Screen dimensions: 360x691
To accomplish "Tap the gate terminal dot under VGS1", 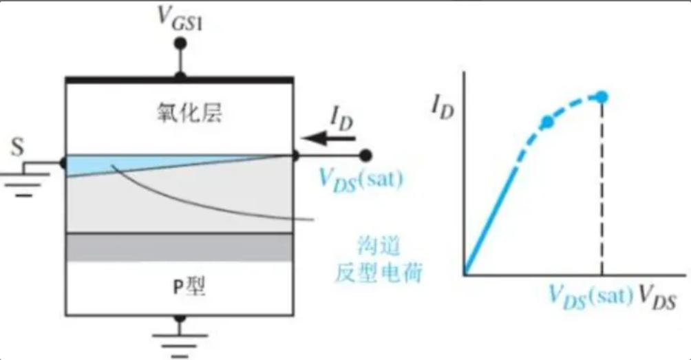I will [x=182, y=43].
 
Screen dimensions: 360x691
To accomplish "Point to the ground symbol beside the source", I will [x=23, y=181].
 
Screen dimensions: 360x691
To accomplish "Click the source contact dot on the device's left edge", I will [x=64, y=162].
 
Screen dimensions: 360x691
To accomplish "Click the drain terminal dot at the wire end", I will [x=365, y=156].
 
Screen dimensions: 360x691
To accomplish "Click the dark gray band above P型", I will [x=180, y=247].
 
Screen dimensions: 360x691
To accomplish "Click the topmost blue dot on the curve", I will [x=602, y=96].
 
